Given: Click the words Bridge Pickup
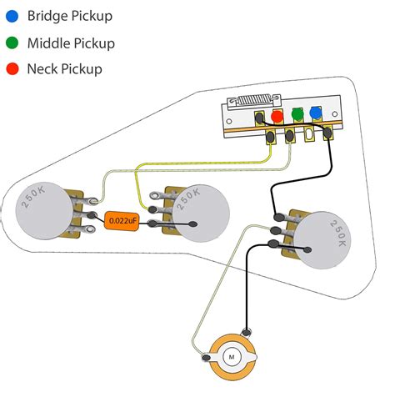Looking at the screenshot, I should [x=70, y=16].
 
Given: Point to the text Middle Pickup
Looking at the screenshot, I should [x=72, y=43].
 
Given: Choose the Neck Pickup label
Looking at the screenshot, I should [x=65, y=69].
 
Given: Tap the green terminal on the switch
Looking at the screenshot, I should [x=297, y=114].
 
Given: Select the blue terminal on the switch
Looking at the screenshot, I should [x=315, y=113].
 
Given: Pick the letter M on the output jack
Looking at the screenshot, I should [x=231, y=356].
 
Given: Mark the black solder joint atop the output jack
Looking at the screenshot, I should [x=245, y=334].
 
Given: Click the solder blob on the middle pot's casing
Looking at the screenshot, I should [x=194, y=224].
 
